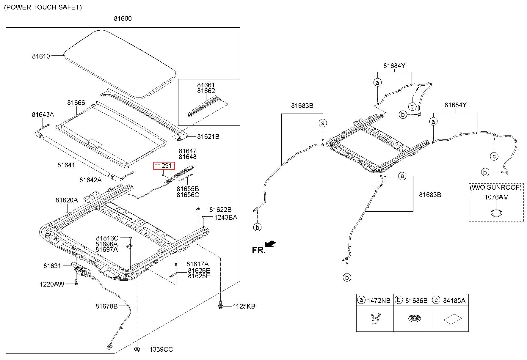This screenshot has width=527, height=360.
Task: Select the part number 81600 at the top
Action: (x=123, y=18)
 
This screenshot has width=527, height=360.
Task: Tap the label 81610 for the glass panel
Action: (x=41, y=56)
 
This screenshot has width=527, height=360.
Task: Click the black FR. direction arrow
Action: (x=270, y=244)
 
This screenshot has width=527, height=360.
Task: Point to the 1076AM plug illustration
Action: (x=496, y=213)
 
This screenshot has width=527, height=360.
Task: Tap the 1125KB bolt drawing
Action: (x=220, y=306)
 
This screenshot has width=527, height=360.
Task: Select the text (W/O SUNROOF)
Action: (x=496, y=187)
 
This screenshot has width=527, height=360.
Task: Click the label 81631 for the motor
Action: (x=52, y=266)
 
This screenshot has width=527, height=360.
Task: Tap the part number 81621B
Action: (x=208, y=136)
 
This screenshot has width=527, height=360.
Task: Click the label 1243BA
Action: (x=226, y=217)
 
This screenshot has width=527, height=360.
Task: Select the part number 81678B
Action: (x=106, y=306)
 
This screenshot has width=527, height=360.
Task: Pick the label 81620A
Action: (x=67, y=200)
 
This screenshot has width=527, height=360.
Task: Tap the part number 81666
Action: (x=76, y=103)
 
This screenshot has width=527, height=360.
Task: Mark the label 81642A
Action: (x=90, y=180)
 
